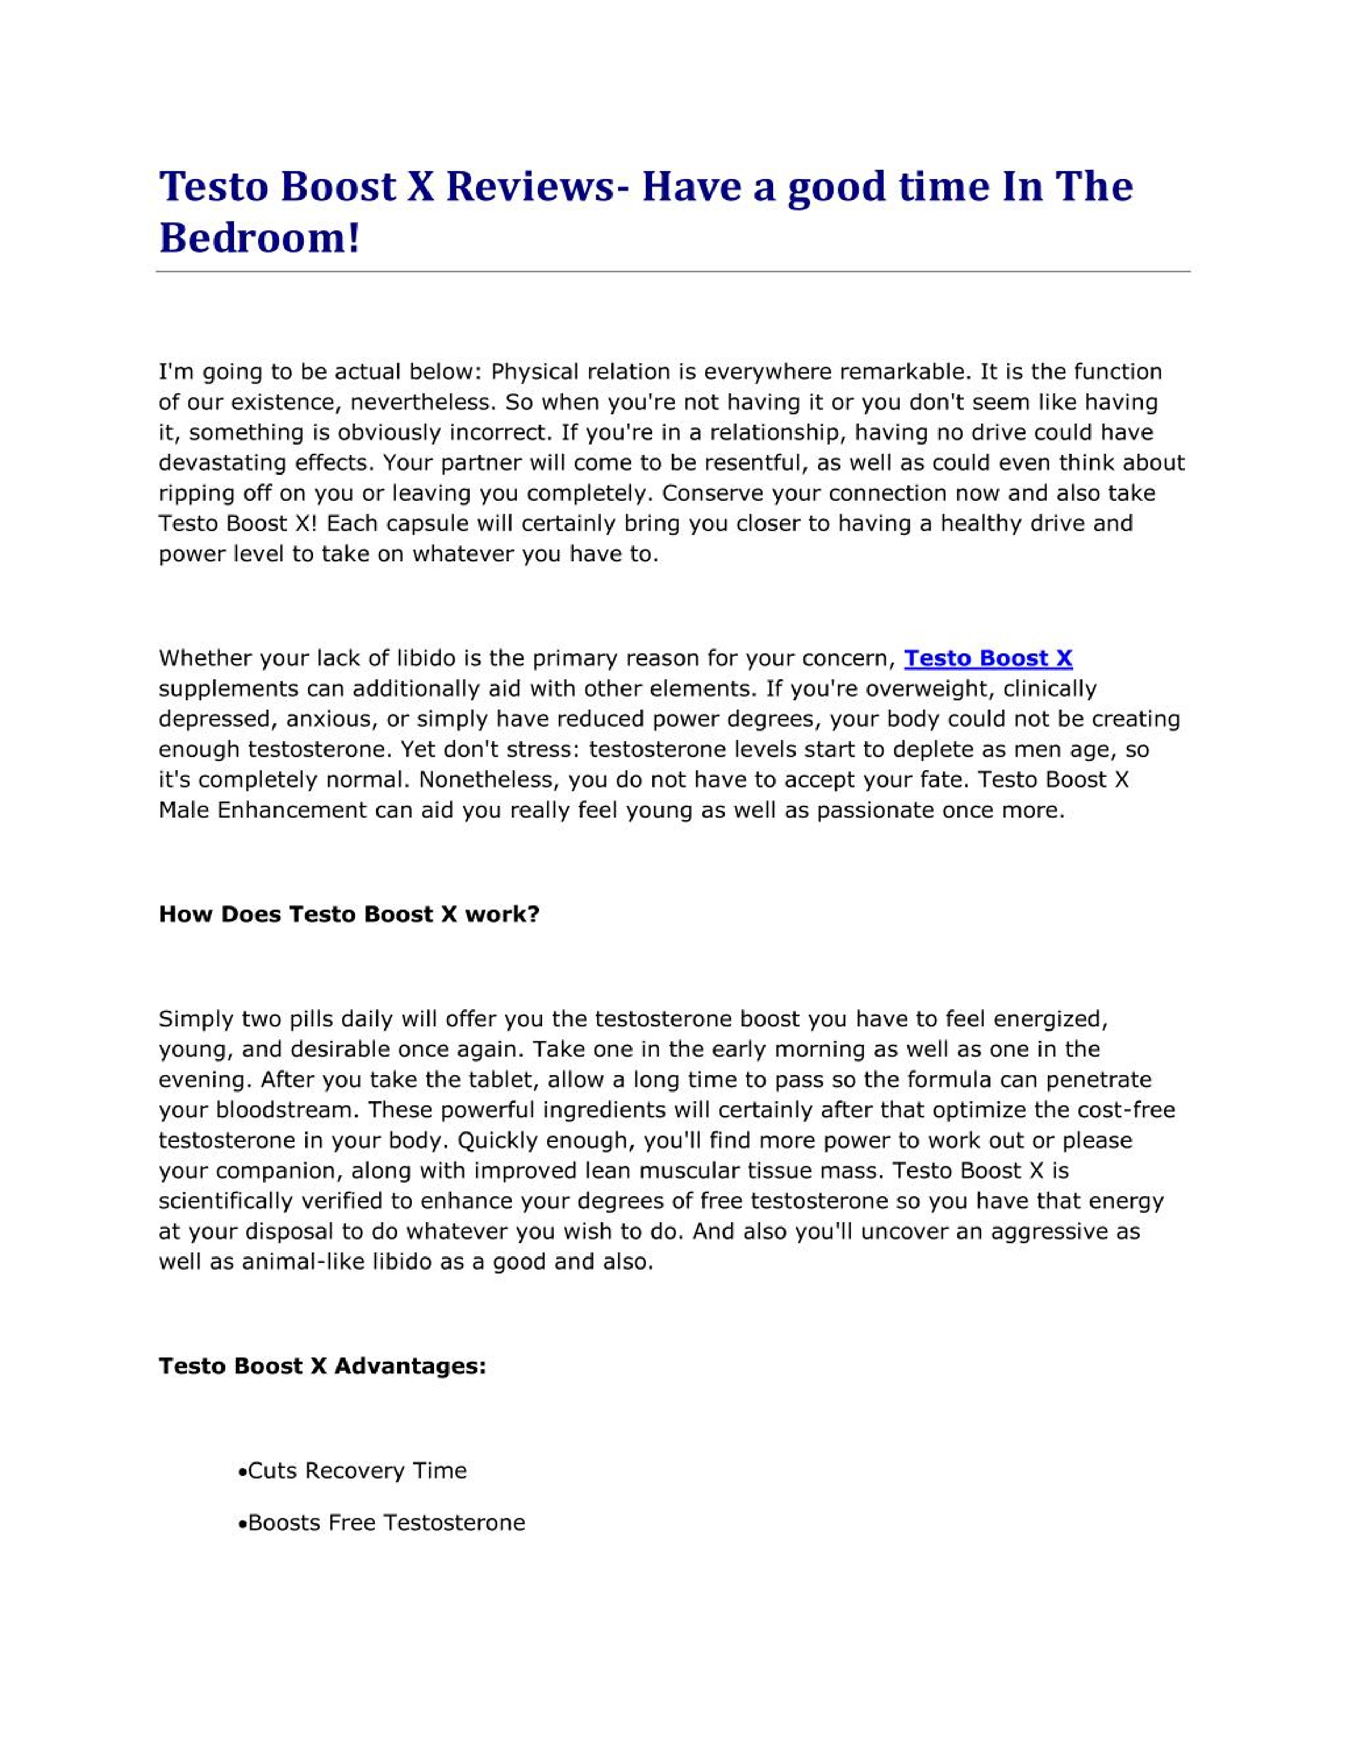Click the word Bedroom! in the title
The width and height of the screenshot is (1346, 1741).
coord(259,238)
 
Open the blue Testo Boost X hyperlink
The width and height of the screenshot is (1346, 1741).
coord(987,658)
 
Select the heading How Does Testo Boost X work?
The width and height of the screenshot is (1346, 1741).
coord(349,914)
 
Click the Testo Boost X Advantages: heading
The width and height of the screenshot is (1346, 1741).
coord(322,1366)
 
